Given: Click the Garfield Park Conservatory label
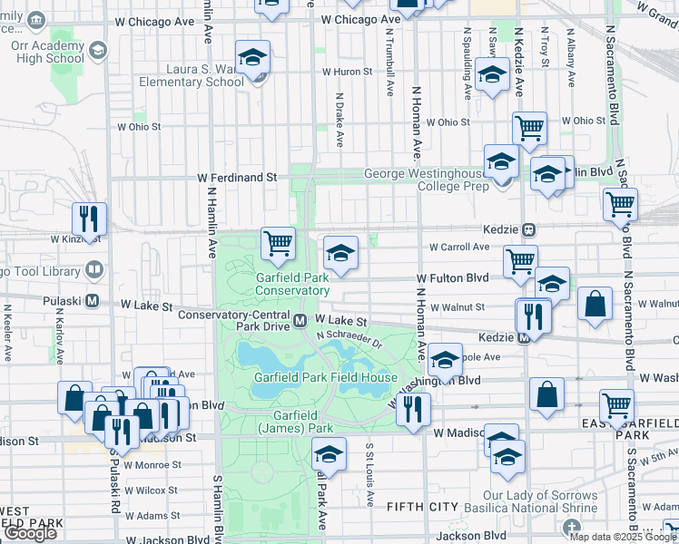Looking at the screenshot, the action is coord(291,284).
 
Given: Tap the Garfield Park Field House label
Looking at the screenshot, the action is coord(325,377).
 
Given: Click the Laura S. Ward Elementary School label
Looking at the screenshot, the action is coord(192,75).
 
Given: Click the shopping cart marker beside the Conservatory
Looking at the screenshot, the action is coord(278,243).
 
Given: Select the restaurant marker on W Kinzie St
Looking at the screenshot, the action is coord(89,219).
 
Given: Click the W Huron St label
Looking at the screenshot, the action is coord(347,72).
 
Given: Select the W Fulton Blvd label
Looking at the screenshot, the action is coord(453,278).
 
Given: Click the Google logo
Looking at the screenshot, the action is coord(30,533).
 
